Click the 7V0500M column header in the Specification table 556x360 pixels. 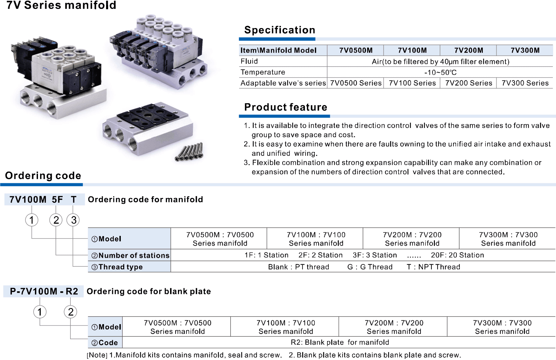click(356, 50)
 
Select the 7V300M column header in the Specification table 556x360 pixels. click(525, 50)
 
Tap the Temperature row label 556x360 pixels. click(263, 72)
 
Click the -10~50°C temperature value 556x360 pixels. click(440, 72)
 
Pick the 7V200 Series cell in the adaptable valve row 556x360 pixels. click(469, 83)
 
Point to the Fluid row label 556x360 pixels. click(249, 61)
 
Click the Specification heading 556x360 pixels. click(280, 30)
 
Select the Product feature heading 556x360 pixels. click(286, 107)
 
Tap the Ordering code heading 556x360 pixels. click(43, 175)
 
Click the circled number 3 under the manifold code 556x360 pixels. click(73, 220)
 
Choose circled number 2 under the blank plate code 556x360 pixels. click(70, 312)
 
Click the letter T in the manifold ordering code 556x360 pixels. click(74, 199)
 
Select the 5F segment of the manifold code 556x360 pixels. click(57, 199)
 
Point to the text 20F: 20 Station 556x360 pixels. click(457, 255)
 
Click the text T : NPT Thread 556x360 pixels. click(434, 267)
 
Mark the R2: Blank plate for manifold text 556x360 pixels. click(340, 343)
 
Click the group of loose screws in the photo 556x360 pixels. click(189, 152)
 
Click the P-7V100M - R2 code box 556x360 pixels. click(43, 291)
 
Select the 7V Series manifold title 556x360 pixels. click(61, 5)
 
